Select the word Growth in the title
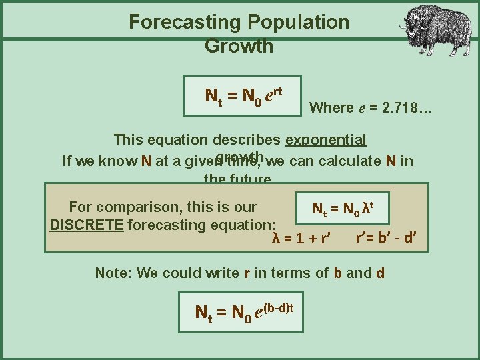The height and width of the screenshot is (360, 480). click(x=239, y=46)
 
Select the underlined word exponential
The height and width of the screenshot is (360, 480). click(x=326, y=140)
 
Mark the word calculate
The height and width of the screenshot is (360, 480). click(x=345, y=161)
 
